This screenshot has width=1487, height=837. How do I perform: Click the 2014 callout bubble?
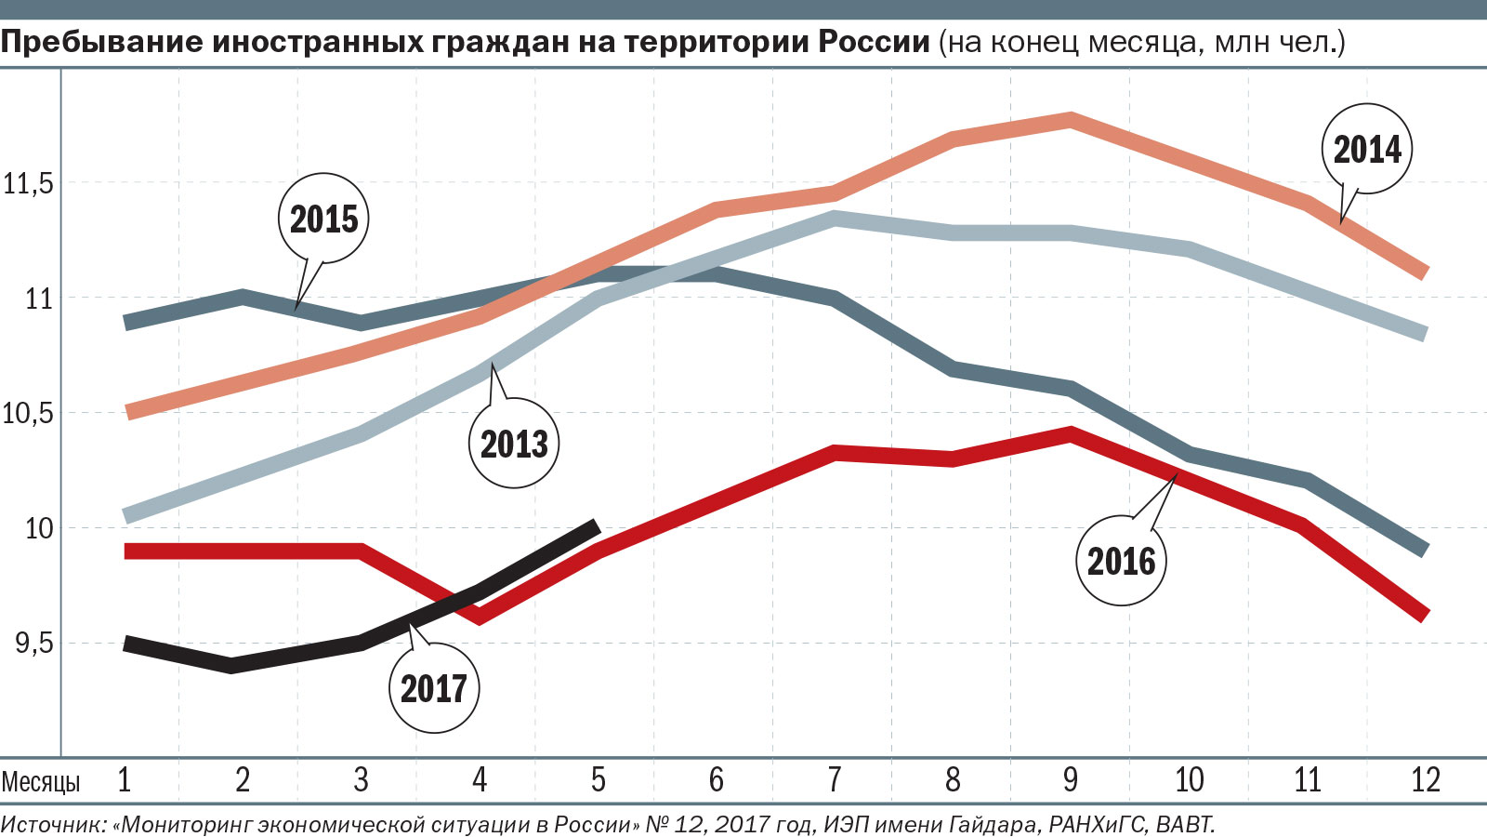(1366, 149)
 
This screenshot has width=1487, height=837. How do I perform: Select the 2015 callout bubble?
(323, 219)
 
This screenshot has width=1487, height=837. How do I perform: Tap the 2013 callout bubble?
(514, 443)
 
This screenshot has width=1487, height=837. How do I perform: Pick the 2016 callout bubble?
(1121, 561)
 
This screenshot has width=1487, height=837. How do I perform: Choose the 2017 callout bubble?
(433, 688)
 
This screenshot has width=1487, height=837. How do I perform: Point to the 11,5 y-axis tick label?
(28, 183)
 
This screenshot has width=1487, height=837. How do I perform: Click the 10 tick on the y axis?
(39, 528)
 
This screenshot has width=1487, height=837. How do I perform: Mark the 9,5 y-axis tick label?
(33, 644)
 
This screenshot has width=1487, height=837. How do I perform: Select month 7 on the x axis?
(835, 779)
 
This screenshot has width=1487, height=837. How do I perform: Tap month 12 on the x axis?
(1425, 779)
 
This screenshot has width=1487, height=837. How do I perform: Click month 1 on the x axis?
(125, 779)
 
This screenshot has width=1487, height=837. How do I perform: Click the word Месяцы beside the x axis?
(41, 781)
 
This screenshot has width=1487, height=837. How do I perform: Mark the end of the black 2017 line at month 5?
(596, 527)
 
